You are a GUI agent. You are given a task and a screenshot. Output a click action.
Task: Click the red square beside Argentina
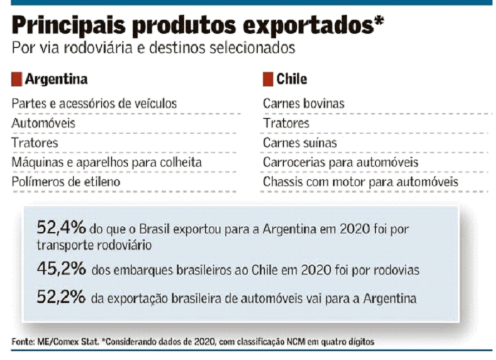16,79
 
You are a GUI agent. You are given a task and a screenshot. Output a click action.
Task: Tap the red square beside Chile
268,79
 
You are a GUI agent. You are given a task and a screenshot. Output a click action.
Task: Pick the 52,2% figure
61,298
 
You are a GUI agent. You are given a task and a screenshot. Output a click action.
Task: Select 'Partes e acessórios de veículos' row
94,103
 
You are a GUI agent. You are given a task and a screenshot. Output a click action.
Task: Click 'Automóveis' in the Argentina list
44,123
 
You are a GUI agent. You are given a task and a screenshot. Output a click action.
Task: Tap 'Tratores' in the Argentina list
34,143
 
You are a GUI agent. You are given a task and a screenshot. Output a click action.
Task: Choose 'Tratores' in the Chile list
286,123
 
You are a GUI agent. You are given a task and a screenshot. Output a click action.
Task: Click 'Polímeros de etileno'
66,182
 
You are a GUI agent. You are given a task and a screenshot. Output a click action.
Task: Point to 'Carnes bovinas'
304,103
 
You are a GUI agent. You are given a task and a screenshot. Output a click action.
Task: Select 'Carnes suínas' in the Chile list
300,143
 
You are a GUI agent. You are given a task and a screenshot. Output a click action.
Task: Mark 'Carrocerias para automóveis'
341,162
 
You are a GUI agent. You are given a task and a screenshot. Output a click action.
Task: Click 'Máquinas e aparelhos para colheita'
107,162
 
